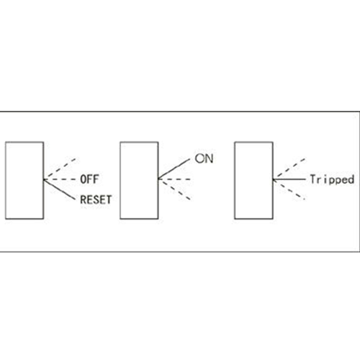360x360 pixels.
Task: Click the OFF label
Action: click(x=89, y=179)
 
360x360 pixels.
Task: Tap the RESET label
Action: click(x=96, y=199)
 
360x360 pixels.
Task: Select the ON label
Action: click(x=204, y=158)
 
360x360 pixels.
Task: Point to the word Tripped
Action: click(x=332, y=179)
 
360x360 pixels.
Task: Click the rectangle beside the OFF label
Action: click(x=24, y=181)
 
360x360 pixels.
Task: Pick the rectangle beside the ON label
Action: click(x=139, y=181)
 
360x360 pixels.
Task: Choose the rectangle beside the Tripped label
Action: click(x=253, y=181)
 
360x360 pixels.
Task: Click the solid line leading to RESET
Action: click(x=60, y=189)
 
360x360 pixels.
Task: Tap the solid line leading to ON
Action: click(x=174, y=169)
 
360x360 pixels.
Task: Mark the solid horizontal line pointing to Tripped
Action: click(x=289, y=179)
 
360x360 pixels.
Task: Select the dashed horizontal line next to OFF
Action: click(x=60, y=179)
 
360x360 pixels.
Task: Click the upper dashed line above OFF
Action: click(x=60, y=169)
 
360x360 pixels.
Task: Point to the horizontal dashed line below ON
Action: click(x=174, y=179)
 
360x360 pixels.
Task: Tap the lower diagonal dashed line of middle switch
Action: click(x=174, y=189)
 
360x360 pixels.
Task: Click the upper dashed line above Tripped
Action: click(x=289, y=169)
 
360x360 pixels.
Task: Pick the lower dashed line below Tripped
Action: click(x=289, y=189)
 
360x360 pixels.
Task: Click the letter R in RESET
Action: click(x=83, y=199)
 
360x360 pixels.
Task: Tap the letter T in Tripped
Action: click(x=313, y=179)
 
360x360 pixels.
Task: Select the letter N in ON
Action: click(x=210, y=158)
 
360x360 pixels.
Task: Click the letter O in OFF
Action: click(x=83, y=179)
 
